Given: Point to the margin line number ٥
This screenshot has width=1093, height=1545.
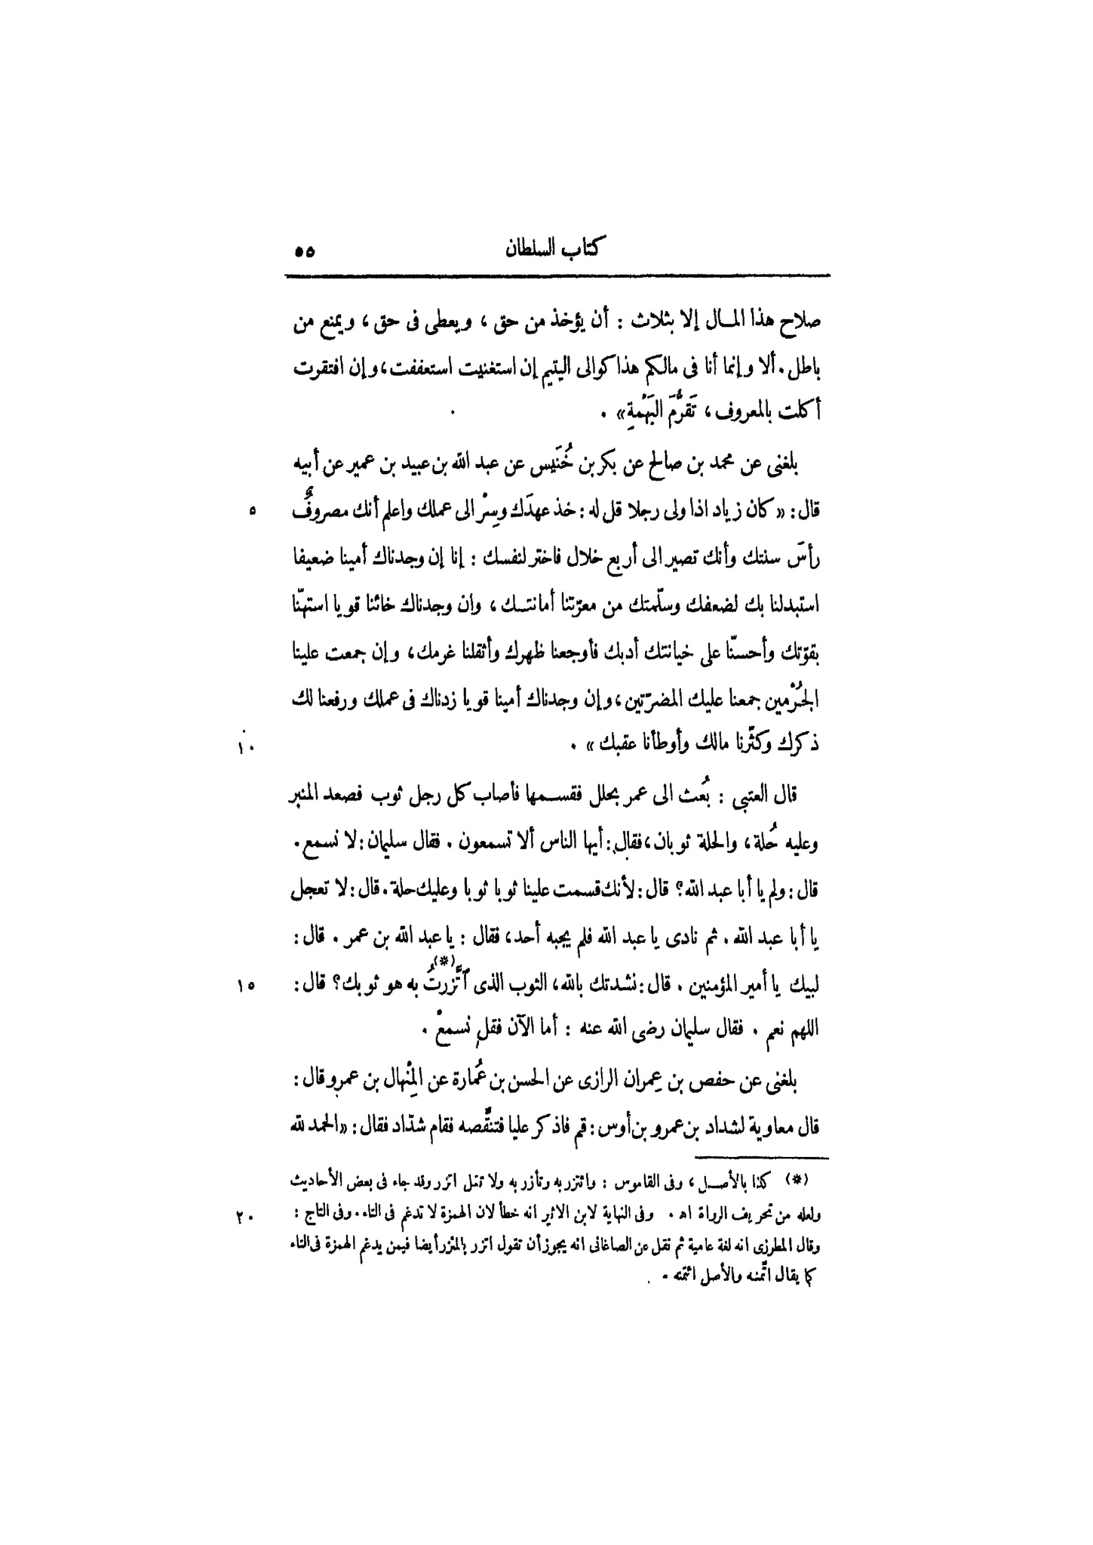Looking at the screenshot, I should click(252, 511).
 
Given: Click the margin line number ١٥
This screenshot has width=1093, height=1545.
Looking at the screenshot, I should click(248, 984).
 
